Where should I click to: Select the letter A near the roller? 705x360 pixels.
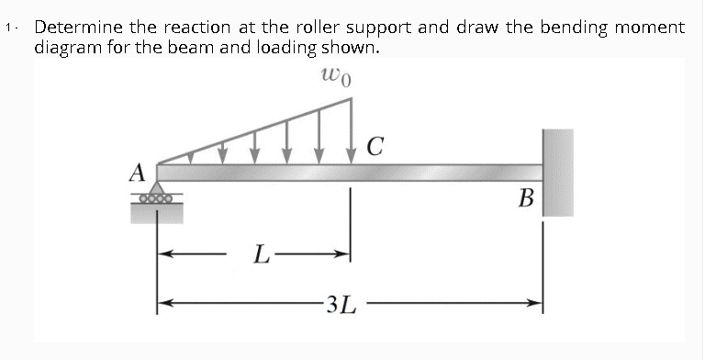pyautogui.click(x=138, y=172)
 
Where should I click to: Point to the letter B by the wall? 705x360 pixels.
pyautogui.click(x=525, y=197)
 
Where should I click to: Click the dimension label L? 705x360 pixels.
pyautogui.click(x=262, y=253)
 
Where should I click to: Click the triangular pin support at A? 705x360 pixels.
pyautogui.click(x=158, y=187)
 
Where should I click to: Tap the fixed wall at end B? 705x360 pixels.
pyautogui.click(x=557, y=173)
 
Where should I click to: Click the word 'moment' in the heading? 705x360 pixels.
pyautogui.click(x=651, y=28)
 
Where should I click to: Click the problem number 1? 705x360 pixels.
pyautogui.click(x=8, y=28)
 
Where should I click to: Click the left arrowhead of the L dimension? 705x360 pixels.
pyautogui.click(x=165, y=250)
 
